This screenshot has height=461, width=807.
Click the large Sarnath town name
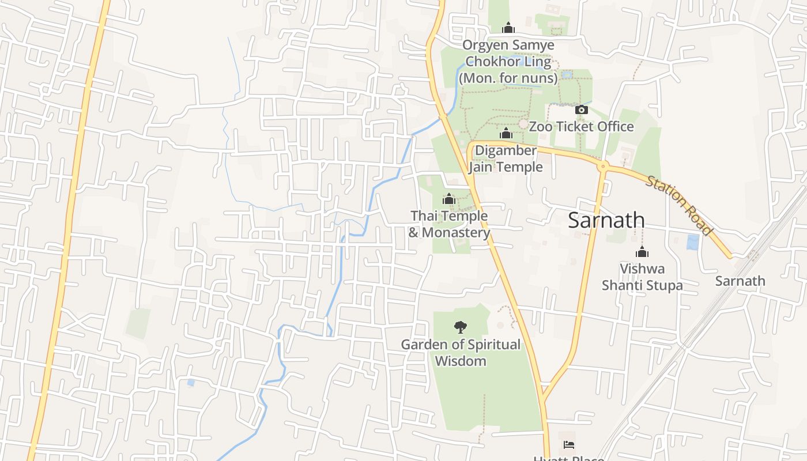coord(606,220)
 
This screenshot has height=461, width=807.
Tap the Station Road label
coord(679,205)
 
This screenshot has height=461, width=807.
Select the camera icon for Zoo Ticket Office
coord(581,109)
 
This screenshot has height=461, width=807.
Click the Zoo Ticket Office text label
coord(581,126)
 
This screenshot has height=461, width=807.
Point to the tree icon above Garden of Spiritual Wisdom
coord(460,327)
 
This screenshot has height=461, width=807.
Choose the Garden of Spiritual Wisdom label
coord(460,353)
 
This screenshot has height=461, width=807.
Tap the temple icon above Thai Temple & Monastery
coord(448,199)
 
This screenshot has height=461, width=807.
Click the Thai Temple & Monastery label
coord(449,224)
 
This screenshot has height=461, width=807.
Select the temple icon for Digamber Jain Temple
coord(506,134)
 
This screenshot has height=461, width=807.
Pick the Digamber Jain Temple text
coord(506,158)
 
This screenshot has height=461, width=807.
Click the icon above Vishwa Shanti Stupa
coord(642,252)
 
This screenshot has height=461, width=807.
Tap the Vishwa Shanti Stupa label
coord(642,277)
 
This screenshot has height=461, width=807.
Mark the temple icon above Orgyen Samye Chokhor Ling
coord(508,28)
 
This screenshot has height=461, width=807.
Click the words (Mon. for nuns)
coord(508,78)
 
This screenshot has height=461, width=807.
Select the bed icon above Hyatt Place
coord(568,444)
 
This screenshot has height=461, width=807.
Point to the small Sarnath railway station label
coord(740,281)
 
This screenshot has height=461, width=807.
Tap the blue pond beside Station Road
coord(693,242)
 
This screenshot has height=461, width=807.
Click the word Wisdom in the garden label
coord(460,361)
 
